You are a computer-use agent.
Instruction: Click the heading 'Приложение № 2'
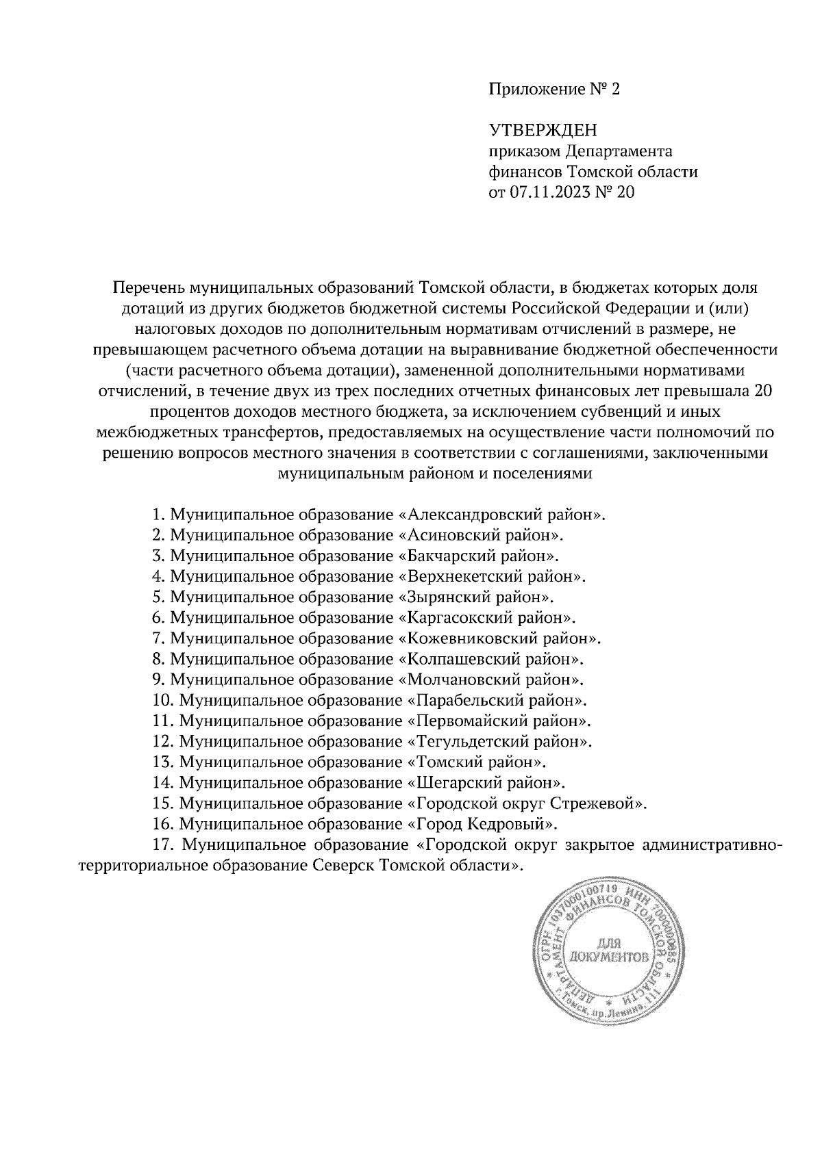(x=553, y=90)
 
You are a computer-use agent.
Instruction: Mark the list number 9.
(x=157, y=680)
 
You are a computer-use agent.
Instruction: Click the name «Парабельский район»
(x=497, y=700)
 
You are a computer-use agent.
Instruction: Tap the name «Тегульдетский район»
(x=499, y=741)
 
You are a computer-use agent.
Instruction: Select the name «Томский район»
(x=476, y=762)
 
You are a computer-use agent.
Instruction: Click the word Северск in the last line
(x=330, y=865)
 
